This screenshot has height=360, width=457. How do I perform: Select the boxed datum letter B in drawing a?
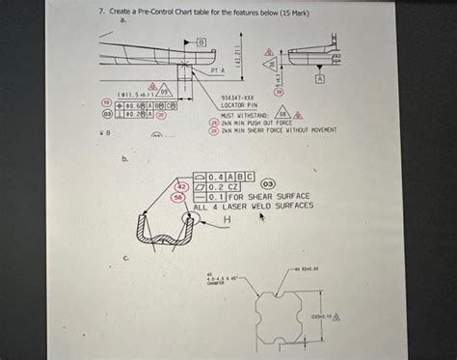pos(202,43)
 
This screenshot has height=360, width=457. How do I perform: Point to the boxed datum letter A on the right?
pos(334,76)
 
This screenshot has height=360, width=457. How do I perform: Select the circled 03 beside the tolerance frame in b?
pos(268,183)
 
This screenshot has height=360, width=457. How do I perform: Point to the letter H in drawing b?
pos(228,219)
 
